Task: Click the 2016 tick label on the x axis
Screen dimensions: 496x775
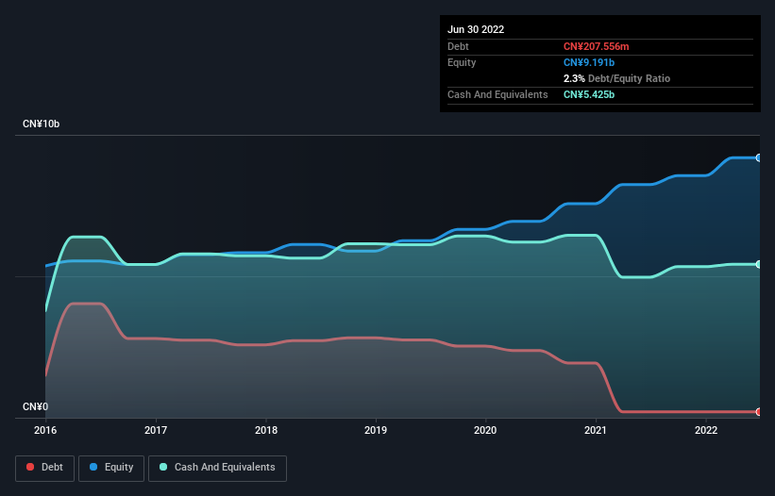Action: coord(45,430)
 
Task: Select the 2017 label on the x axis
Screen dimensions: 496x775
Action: coord(156,430)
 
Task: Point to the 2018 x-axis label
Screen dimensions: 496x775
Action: coord(266,430)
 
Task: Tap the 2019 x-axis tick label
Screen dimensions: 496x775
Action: coord(376,430)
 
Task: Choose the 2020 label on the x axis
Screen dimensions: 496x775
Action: coord(486,430)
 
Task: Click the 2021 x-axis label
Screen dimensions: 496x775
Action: coord(597,430)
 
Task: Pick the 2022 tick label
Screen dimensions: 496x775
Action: coord(706,430)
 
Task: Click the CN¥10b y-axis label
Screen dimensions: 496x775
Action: coord(42,124)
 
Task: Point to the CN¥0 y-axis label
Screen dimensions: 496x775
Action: coord(35,406)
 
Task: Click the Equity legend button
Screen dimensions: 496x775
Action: coord(111,467)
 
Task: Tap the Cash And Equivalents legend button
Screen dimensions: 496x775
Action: coord(217,467)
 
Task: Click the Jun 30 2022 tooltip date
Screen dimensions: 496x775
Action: coord(476,29)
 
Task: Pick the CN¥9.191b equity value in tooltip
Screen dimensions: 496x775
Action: coord(588,62)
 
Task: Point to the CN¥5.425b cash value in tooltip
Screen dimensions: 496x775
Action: coord(589,94)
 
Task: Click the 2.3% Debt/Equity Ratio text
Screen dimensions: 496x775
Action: coord(616,78)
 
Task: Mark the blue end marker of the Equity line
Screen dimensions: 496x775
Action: coord(759,157)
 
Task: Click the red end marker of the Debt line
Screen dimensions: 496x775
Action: coord(759,412)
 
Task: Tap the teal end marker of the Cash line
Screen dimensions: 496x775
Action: coord(759,264)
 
